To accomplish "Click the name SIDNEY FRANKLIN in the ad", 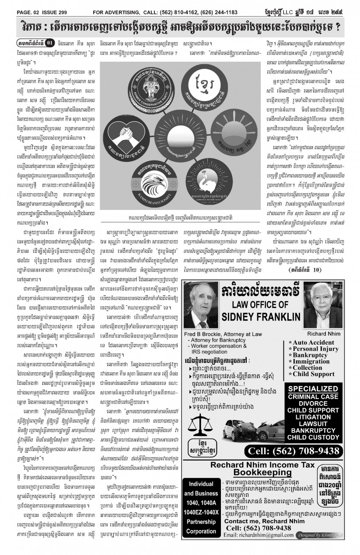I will pyautogui.click(x=261, y=328).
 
